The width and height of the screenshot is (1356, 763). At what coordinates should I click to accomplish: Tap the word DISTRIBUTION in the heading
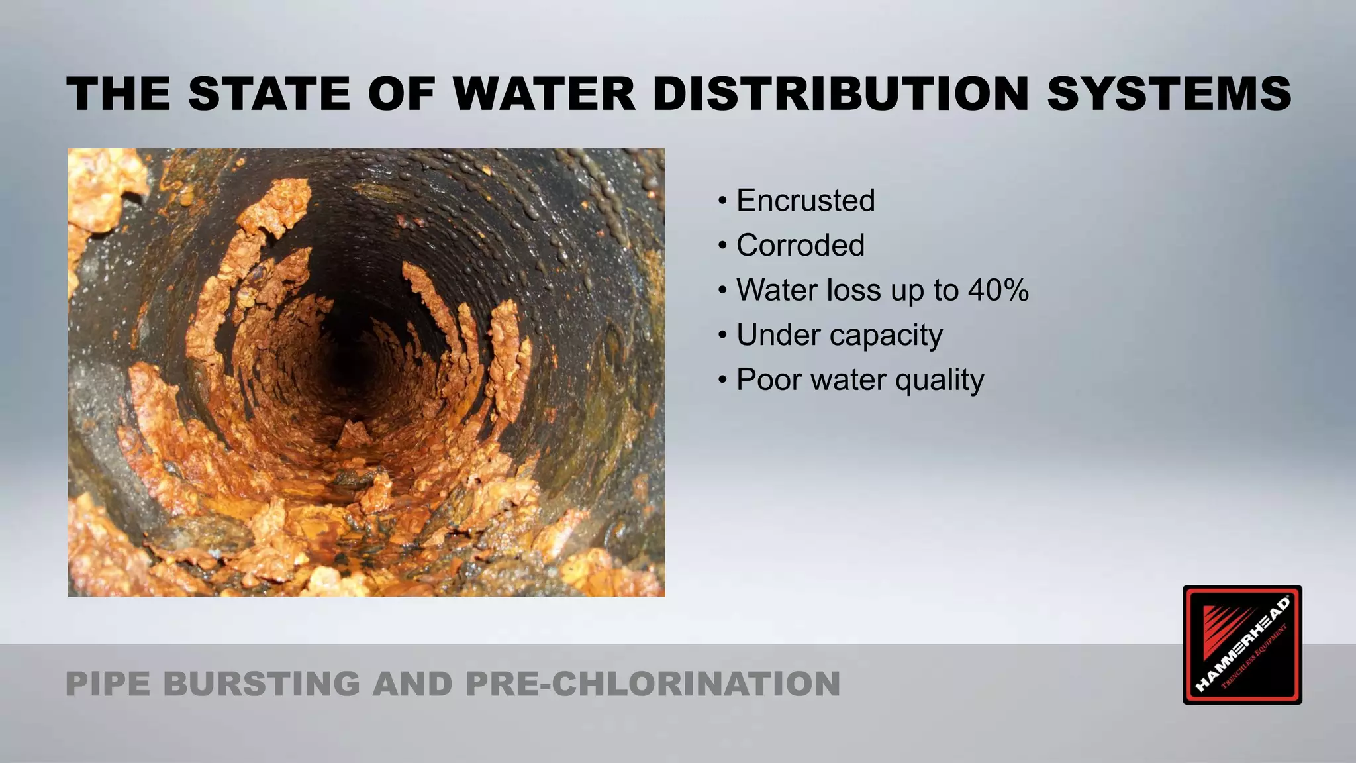840,93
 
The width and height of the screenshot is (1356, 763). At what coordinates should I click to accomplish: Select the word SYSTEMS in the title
1169,93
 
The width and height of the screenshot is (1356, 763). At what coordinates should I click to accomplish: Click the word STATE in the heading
269,93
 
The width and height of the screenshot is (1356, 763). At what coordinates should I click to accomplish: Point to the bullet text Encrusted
805,201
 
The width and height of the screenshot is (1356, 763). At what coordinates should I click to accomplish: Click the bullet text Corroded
800,246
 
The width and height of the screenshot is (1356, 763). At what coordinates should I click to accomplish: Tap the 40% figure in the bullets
998,290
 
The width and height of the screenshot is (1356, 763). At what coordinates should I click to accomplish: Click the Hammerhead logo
1241,644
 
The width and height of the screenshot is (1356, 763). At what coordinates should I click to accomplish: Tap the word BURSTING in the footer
261,684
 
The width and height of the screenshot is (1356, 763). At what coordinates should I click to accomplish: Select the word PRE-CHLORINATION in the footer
652,684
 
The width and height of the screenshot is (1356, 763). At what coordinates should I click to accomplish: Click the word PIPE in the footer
109,684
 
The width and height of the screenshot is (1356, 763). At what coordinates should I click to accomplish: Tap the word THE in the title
119,93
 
